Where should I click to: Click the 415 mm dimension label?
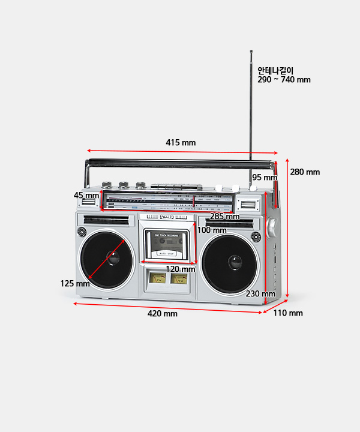181,143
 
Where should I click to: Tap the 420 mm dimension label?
163,314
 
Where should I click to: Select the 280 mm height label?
305,172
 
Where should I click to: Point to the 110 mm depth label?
288,313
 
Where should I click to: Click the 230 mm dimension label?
260,294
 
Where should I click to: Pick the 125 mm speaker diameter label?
74,284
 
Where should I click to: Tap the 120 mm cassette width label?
181,269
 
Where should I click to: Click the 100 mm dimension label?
212,230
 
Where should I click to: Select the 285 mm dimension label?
224,217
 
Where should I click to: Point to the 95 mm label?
265,178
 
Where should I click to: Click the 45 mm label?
86,196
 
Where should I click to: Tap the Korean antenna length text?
275,70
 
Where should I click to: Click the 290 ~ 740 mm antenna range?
284,80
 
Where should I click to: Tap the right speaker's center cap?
235,262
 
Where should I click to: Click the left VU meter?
158,278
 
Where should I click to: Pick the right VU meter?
178,278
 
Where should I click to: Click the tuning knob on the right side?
271,226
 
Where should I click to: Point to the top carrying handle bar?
180,162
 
